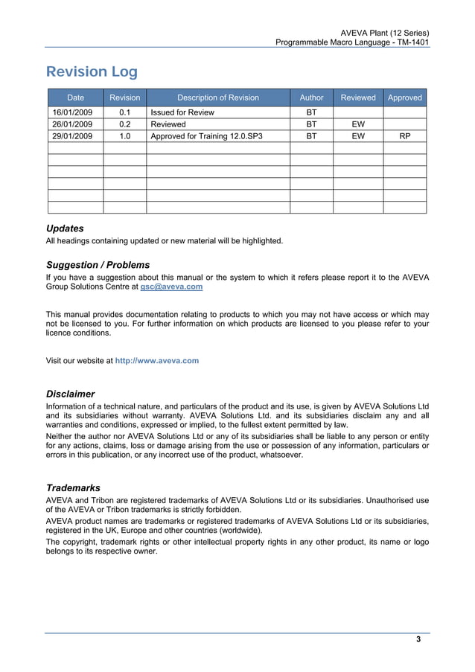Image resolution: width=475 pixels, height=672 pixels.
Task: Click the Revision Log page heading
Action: pyautogui.click(x=92, y=72)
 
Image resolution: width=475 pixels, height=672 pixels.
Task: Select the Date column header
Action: pyautogui.click(x=75, y=97)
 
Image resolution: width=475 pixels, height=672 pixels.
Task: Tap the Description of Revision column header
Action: pyautogui.click(x=217, y=97)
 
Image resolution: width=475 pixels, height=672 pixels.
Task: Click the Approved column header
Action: pyautogui.click(x=404, y=97)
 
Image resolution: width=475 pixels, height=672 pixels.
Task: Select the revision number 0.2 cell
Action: pyautogui.click(x=124, y=124)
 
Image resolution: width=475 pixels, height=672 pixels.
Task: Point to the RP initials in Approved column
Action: pyautogui.click(x=404, y=137)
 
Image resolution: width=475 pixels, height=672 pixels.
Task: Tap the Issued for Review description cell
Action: pyautogui.click(x=182, y=112)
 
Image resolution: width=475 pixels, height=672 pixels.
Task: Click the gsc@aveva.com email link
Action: pyautogui.click(x=171, y=287)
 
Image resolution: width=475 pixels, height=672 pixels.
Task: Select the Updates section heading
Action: pyautogui.click(x=65, y=228)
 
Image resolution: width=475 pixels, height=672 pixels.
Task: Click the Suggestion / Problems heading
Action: pyautogui.click(x=98, y=265)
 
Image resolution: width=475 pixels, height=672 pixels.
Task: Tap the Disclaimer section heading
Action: pyautogui.click(x=70, y=394)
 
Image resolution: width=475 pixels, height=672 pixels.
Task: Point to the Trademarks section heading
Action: pyautogui.click(x=73, y=487)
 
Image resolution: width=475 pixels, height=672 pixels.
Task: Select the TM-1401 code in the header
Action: pyautogui.click(x=412, y=43)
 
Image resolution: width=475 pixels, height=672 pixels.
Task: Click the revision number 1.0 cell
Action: pyautogui.click(x=124, y=137)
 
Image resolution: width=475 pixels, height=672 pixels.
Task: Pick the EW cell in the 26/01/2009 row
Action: pyautogui.click(x=358, y=124)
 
